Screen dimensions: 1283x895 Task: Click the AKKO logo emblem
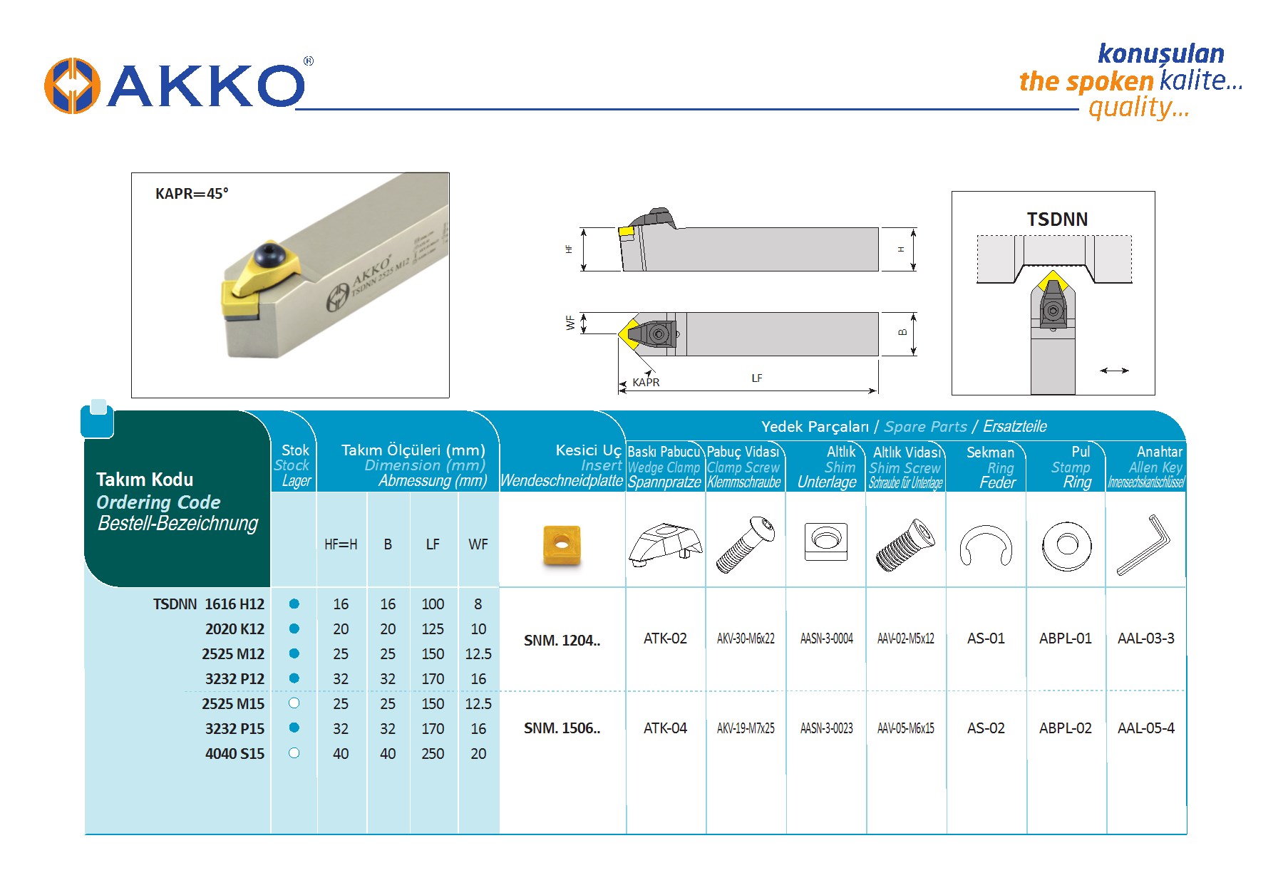pyautogui.click(x=72, y=86)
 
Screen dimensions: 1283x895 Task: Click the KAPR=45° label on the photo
pyautogui.click(x=192, y=194)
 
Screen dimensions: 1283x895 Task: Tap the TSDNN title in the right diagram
pyautogui.click(x=1057, y=219)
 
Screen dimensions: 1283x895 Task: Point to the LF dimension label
pyautogui.click(x=757, y=378)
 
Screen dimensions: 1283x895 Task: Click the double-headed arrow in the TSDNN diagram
pyautogui.click(x=1114, y=371)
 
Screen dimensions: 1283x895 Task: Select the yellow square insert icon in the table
pyautogui.click(x=562, y=546)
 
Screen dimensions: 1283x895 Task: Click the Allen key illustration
pyautogui.click(x=1144, y=544)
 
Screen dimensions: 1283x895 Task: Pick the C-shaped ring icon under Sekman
pyautogui.click(x=986, y=545)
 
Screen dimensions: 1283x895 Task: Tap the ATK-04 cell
pyautogui.click(x=665, y=728)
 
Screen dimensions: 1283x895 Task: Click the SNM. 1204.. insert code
pyautogui.click(x=562, y=641)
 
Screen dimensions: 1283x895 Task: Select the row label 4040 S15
pyautogui.click(x=235, y=754)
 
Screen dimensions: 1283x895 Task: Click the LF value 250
pyautogui.click(x=433, y=754)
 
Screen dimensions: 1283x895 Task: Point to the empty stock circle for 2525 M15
pyautogui.click(x=294, y=703)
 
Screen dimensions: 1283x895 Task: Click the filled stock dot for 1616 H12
pyautogui.click(x=294, y=604)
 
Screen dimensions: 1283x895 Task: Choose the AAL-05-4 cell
pyautogui.click(x=1145, y=728)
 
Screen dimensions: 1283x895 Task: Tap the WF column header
pyautogui.click(x=478, y=544)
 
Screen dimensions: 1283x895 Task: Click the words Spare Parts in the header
pyautogui.click(x=925, y=427)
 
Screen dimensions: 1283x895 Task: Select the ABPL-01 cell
pyautogui.click(x=1065, y=638)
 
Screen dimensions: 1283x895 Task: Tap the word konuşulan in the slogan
pyautogui.click(x=1161, y=54)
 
